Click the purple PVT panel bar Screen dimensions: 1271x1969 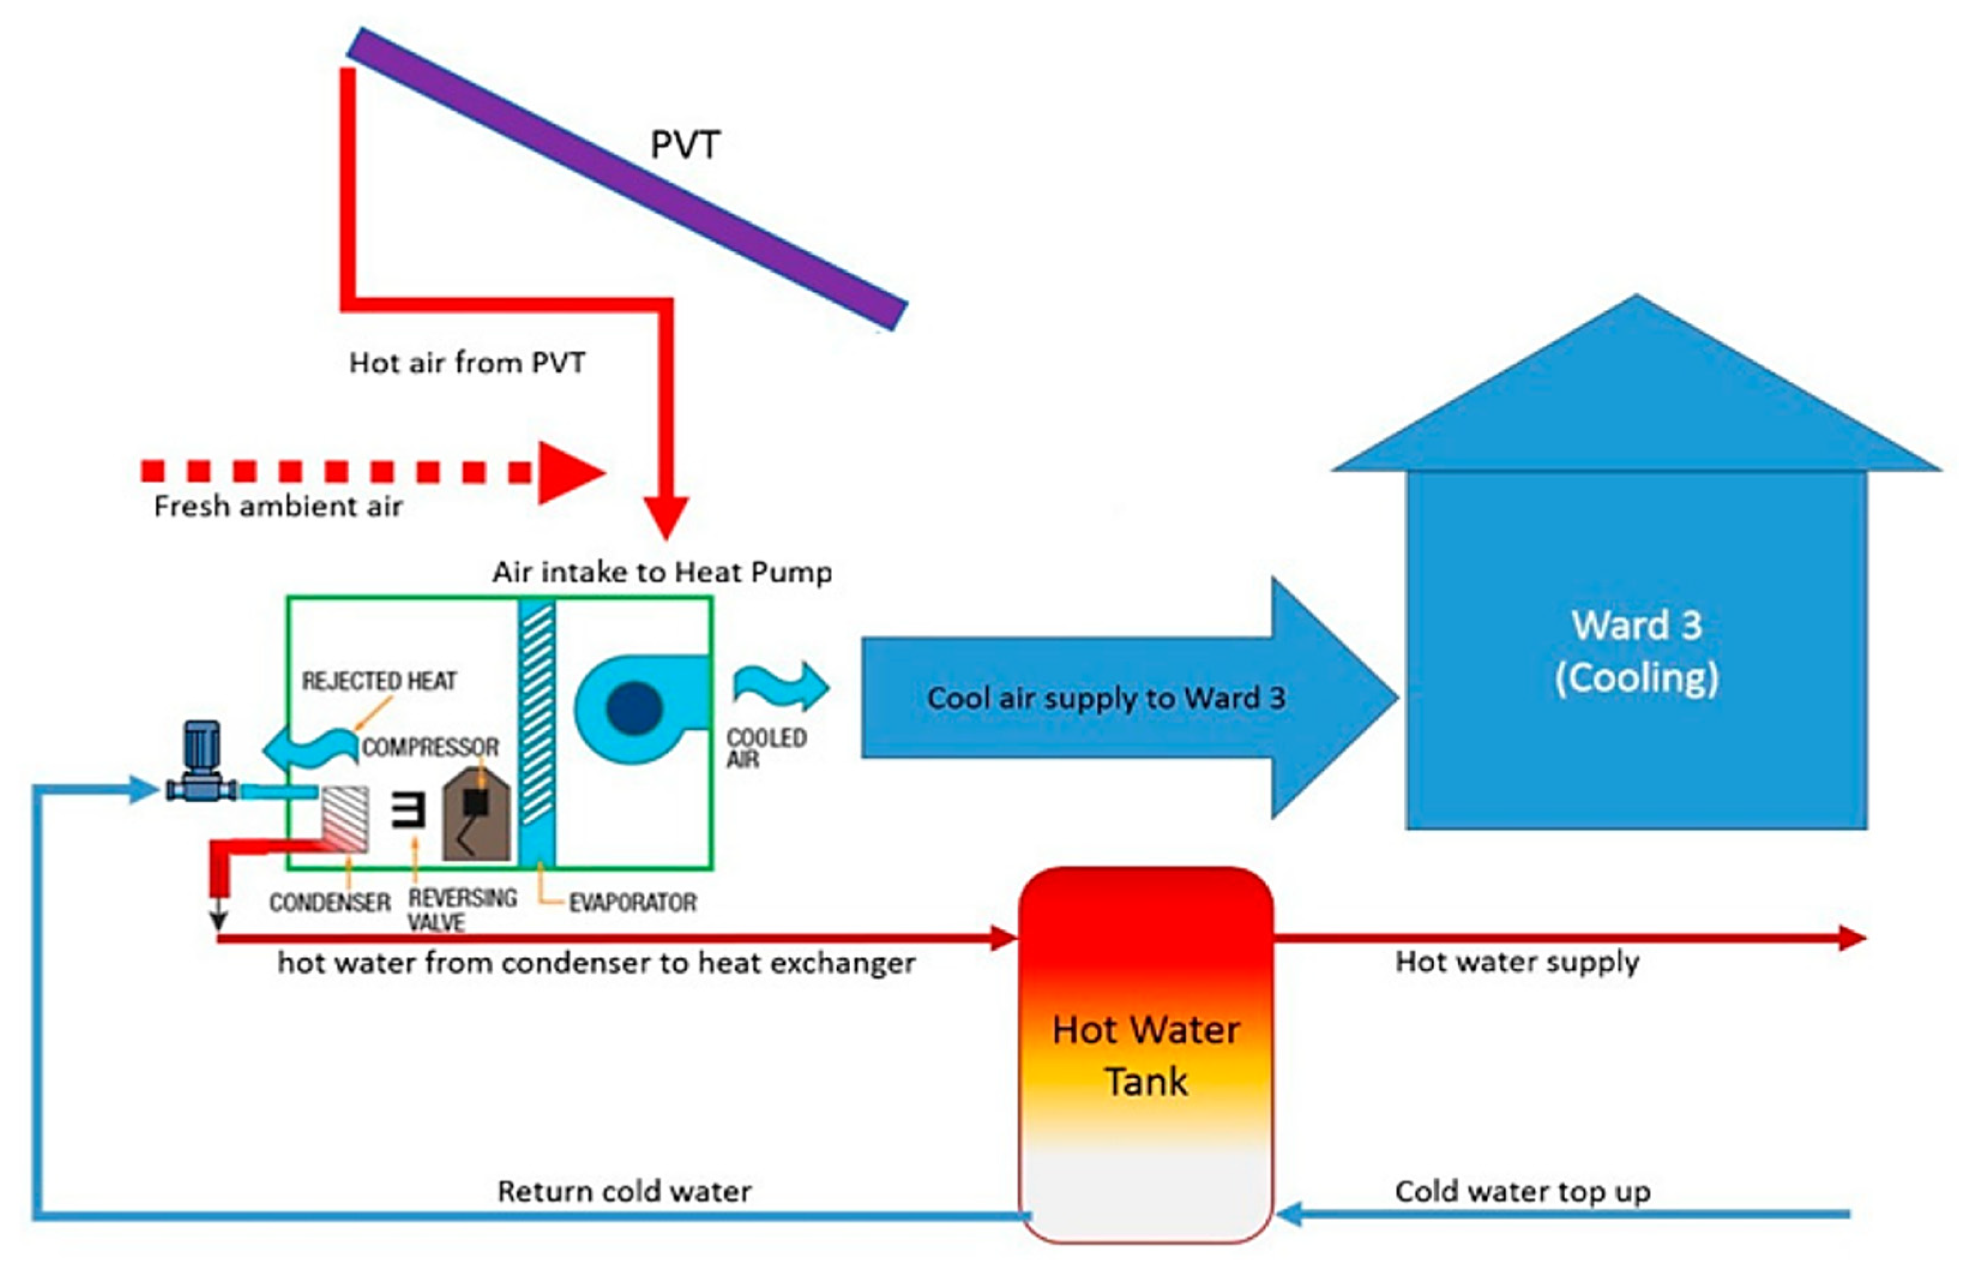tap(627, 178)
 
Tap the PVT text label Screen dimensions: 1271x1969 tap(685, 145)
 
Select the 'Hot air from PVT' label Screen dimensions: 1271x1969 tap(467, 362)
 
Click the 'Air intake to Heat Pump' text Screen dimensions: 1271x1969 tap(662, 572)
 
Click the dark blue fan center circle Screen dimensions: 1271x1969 tap(634, 707)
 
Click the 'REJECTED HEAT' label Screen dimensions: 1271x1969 tap(379, 681)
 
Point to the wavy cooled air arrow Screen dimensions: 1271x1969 tap(780, 686)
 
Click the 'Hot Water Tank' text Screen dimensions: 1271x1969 tap(1145, 1056)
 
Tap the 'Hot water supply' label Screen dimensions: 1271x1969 tap(1517, 962)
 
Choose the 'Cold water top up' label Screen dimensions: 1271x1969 tap(1522, 1191)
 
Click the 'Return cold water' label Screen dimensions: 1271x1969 tap(624, 1191)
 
